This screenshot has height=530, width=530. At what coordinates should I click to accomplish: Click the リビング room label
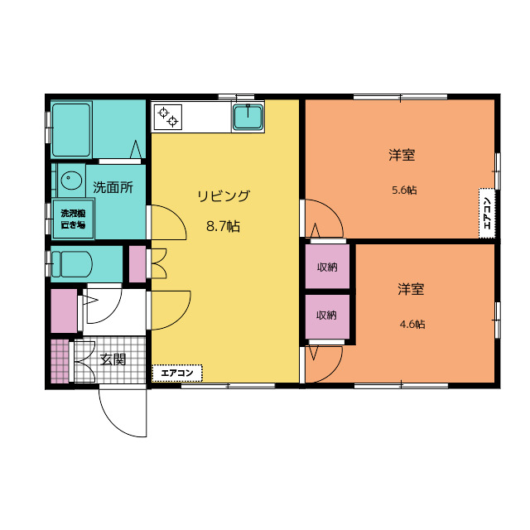[x=224, y=195]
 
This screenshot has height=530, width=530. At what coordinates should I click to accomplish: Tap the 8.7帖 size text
[x=223, y=226]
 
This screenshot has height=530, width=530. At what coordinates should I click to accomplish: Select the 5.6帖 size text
[x=404, y=190]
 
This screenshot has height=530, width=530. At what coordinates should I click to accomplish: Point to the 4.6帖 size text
[x=412, y=324]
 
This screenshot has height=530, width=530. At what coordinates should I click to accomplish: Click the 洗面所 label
[x=113, y=187]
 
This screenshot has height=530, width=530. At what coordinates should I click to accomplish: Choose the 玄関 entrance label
[x=113, y=359]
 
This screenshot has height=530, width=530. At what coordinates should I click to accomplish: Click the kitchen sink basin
[x=248, y=117]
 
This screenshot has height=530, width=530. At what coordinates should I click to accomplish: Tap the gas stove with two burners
[x=168, y=117]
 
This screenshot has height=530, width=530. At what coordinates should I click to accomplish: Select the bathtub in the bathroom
[x=71, y=130]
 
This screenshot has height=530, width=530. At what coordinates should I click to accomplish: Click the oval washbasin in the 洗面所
[x=71, y=180]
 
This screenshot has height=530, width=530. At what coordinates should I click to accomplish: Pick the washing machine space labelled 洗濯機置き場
[x=73, y=219]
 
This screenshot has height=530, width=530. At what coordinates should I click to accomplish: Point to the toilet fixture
[x=72, y=264]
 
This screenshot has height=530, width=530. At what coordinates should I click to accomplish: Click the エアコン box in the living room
[x=177, y=373]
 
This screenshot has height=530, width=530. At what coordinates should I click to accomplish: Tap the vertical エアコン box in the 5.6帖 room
[x=487, y=213]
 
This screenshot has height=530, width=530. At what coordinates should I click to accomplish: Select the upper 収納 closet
[x=327, y=267]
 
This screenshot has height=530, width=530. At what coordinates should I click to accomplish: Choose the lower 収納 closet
[x=327, y=316]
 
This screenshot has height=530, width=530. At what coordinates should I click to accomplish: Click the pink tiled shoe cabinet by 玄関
[x=60, y=361]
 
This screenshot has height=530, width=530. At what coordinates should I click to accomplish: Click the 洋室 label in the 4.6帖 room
[x=411, y=289]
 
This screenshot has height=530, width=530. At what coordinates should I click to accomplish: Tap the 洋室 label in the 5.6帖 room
[x=402, y=155]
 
